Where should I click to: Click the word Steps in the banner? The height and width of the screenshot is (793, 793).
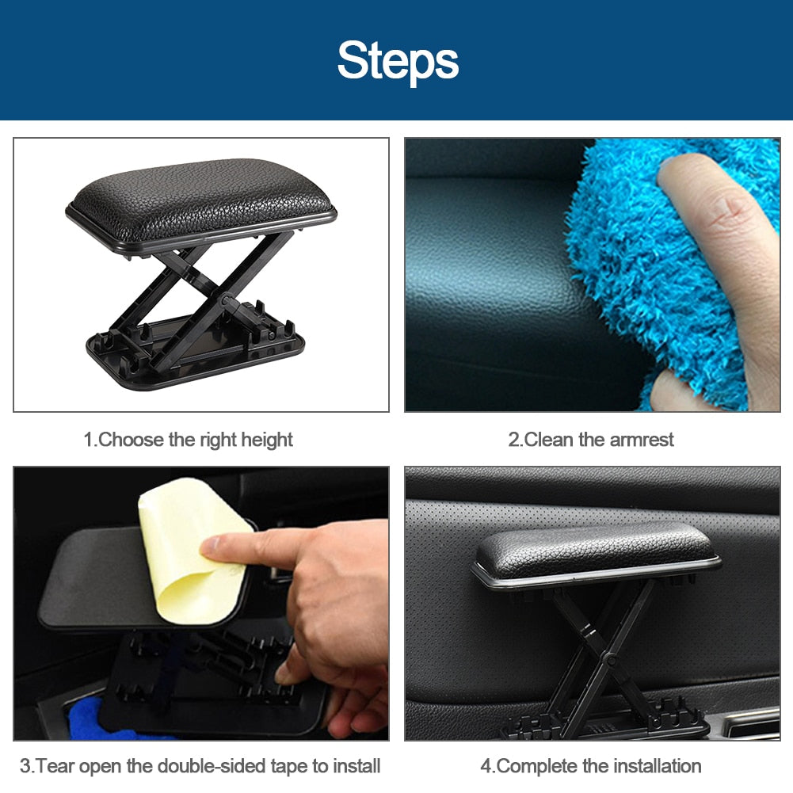398,62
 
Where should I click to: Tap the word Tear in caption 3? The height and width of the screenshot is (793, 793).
55,766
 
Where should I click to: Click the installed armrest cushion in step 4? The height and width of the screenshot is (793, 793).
597,554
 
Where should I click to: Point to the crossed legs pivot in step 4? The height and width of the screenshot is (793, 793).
611,661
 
